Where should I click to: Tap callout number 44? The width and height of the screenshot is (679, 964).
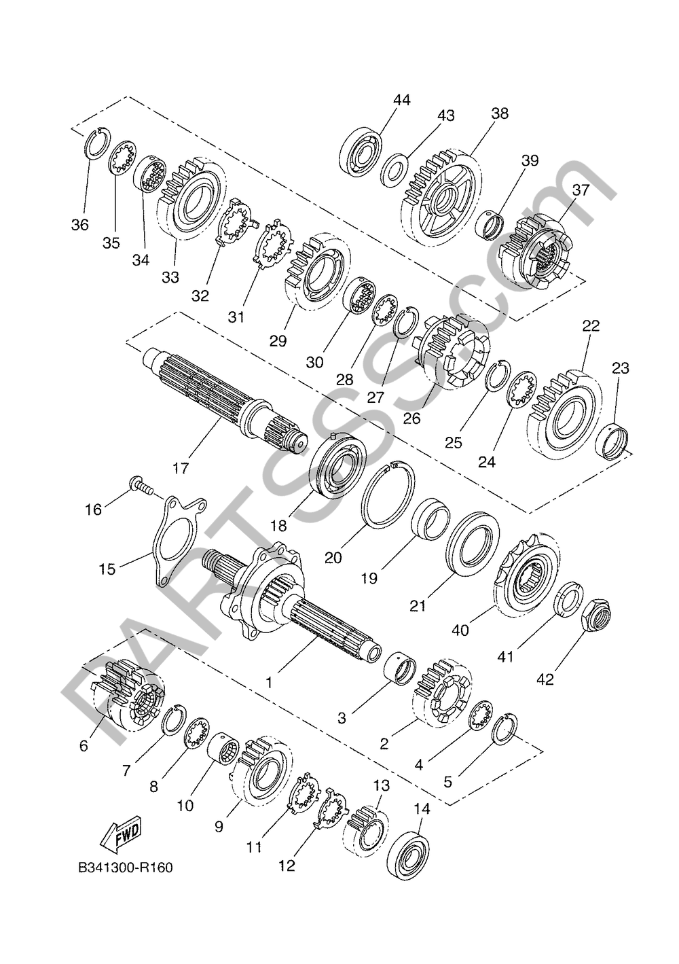pyautogui.click(x=402, y=100)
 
